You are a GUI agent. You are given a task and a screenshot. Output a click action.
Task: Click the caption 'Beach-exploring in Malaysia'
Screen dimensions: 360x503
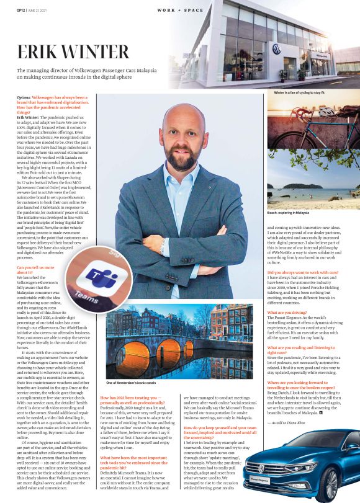coord(288,212)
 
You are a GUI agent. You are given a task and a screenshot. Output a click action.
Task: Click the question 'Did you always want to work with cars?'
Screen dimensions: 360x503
coord(302,272)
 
